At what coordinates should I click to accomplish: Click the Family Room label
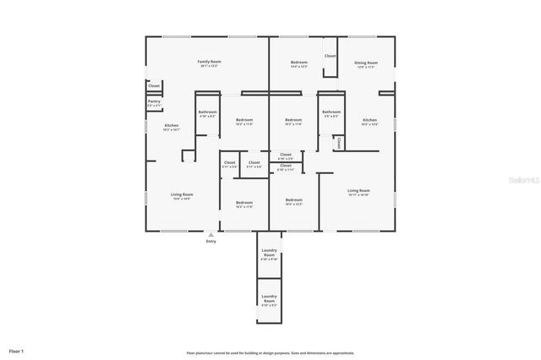pos(209,63)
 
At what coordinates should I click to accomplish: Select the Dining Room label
pos(365,64)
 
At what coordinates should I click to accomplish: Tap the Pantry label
pos(154,103)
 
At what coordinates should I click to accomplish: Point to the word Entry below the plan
pos(210,242)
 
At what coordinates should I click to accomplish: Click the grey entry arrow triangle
pos(210,234)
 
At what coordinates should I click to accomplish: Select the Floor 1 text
pos(17,351)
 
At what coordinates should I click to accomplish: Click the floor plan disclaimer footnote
pos(270,353)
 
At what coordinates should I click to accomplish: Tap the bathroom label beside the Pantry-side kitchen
pos(208,114)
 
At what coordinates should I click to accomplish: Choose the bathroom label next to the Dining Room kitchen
pos(331,114)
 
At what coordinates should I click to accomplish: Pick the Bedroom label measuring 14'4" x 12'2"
pos(299,64)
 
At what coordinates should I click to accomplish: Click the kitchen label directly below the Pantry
pos(171,128)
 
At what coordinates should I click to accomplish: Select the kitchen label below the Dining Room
pos(370,122)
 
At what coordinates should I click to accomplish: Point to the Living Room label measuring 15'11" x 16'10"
pos(358,192)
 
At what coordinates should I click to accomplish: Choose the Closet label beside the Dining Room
pos(330,56)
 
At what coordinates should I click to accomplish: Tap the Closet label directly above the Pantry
pos(154,85)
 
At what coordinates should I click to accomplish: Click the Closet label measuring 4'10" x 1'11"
pos(286,167)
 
